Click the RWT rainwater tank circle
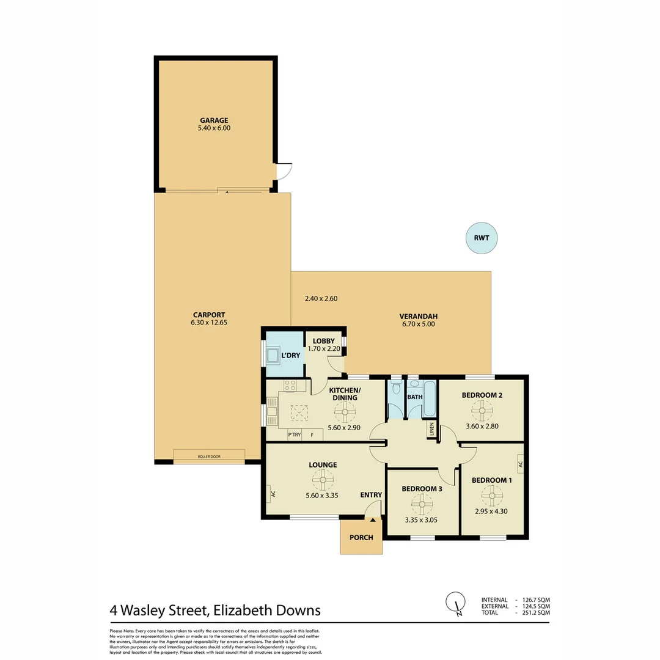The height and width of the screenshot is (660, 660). tap(482, 238)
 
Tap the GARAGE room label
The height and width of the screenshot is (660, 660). tap(213, 120)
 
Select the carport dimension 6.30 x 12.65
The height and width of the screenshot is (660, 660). tap(208, 322)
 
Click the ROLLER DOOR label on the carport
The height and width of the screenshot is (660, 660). tap(208, 457)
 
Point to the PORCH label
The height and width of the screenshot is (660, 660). tap(361, 538)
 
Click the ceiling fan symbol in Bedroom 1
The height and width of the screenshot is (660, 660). tap(491, 495)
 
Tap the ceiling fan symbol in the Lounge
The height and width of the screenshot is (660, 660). tap(323, 480)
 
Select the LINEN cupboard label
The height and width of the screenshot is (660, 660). tap(432, 430)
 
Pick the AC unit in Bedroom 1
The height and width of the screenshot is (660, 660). tap(520, 464)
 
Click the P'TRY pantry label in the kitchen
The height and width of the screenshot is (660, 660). tap(294, 435)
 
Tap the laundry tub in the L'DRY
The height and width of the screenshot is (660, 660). tap(273, 355)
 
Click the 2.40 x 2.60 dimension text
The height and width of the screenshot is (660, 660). tap(321, 299)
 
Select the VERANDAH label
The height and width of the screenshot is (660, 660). tap(418, 316)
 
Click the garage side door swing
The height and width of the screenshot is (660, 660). tap(283, 172)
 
